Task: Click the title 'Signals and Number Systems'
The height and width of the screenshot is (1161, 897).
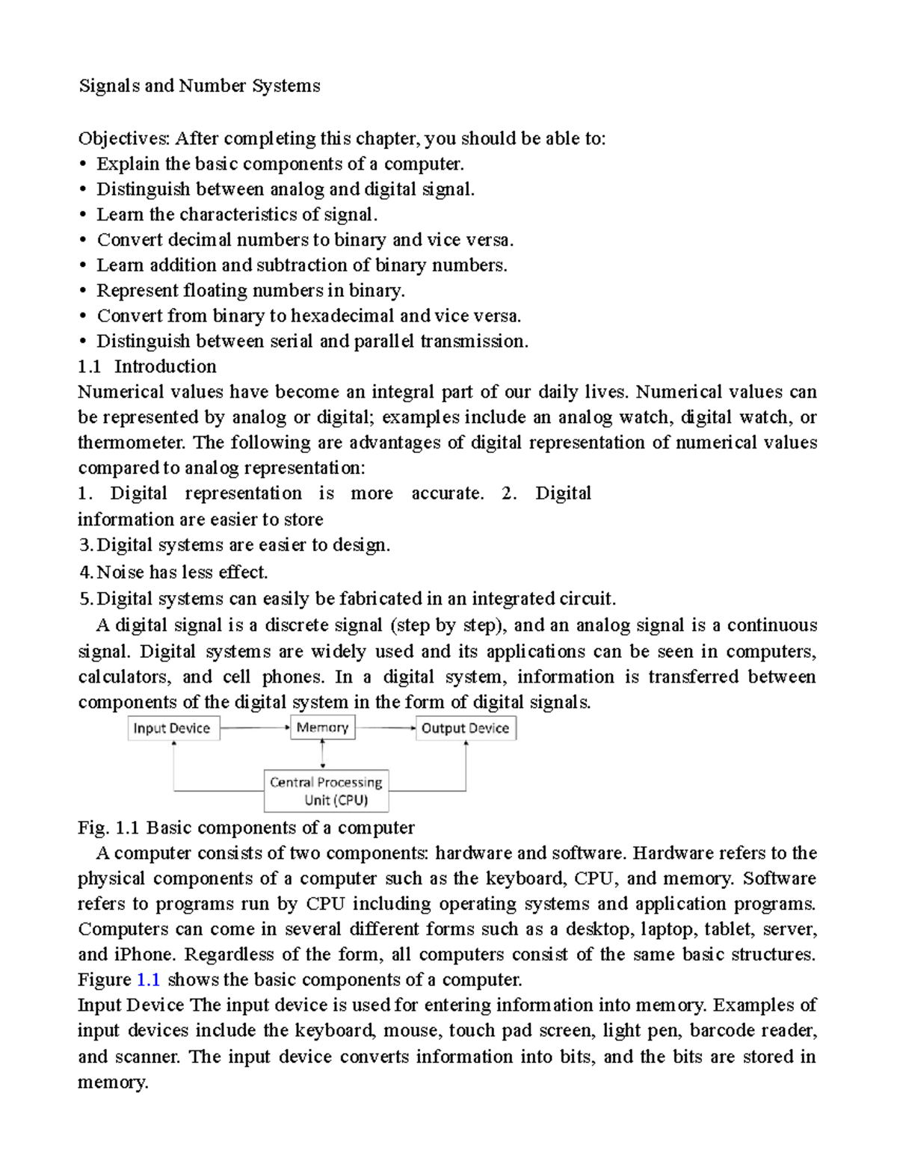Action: [200, 86]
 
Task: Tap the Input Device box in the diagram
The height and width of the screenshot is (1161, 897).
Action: [172, 728]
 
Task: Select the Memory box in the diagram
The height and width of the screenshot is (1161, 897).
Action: [322, 727]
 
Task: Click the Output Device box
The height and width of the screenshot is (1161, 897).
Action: [465, 728]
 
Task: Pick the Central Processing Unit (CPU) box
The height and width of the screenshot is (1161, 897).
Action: [327, 791]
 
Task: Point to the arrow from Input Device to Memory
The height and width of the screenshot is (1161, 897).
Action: [255, 727]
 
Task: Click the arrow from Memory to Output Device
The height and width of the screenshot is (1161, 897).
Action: [385, 727]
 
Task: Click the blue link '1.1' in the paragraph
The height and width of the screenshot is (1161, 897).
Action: [149, 979]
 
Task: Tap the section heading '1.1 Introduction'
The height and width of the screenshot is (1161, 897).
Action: [147, 366]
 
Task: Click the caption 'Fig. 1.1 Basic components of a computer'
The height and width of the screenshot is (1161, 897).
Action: [246, 828]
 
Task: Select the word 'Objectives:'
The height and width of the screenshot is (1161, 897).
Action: [125, 138]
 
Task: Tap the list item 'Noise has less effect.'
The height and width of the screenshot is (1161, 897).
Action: [173, 573]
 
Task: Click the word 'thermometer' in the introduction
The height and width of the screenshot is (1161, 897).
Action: [131, 443]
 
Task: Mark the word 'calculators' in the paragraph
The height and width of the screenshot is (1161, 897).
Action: [124, 677]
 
